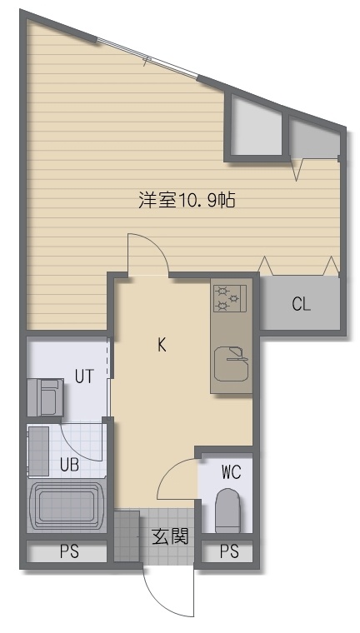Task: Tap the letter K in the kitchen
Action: (162, 345)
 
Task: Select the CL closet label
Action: (302, 305)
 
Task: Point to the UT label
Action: (84, 376)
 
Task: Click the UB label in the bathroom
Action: (69, 465)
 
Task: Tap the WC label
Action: (231, 472)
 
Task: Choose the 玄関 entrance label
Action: (170, 537)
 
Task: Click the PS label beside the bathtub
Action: (69, 551)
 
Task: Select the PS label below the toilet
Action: (229, 551)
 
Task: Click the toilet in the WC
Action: (227, 511)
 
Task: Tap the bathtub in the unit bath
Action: (67, 506)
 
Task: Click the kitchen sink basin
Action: (232, 363)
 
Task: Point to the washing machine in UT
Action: (45, 397)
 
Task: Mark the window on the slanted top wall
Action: (147, 57)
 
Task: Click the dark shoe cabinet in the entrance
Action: (127, 536)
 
